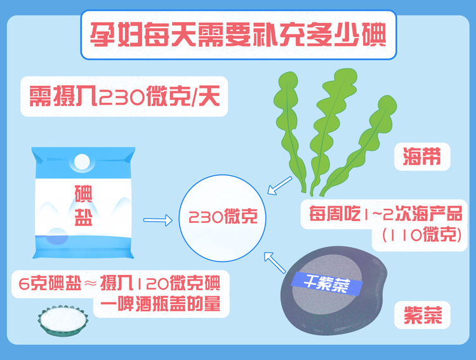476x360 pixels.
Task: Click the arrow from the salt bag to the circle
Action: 159,220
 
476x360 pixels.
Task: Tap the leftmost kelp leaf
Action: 289,127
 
